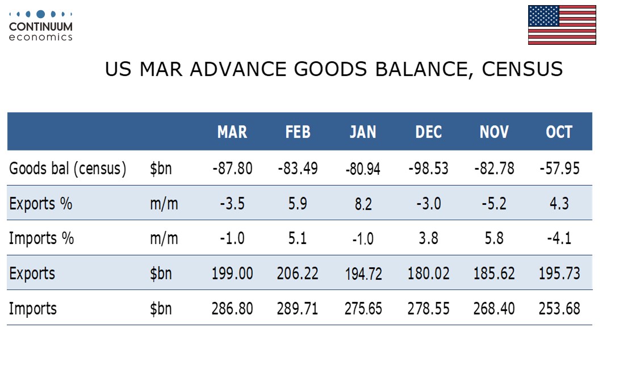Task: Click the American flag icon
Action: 562,25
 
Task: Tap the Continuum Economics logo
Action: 41,26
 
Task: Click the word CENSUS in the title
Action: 522,69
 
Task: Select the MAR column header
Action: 232,132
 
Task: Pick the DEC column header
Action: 429,132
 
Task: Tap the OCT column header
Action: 559,132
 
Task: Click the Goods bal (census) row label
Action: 68,169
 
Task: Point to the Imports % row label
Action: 41,238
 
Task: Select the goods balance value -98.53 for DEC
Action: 429,169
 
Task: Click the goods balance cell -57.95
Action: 559,169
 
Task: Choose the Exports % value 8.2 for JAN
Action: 363,204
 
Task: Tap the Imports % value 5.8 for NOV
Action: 494,238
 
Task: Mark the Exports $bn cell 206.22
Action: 298,274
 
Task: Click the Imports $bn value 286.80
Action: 232,309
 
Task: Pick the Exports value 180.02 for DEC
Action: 429,274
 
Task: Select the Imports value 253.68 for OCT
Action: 559,309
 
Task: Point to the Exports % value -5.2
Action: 494,204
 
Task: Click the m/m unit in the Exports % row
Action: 164,204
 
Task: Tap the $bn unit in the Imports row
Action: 161,309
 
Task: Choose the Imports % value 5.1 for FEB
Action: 298,238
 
